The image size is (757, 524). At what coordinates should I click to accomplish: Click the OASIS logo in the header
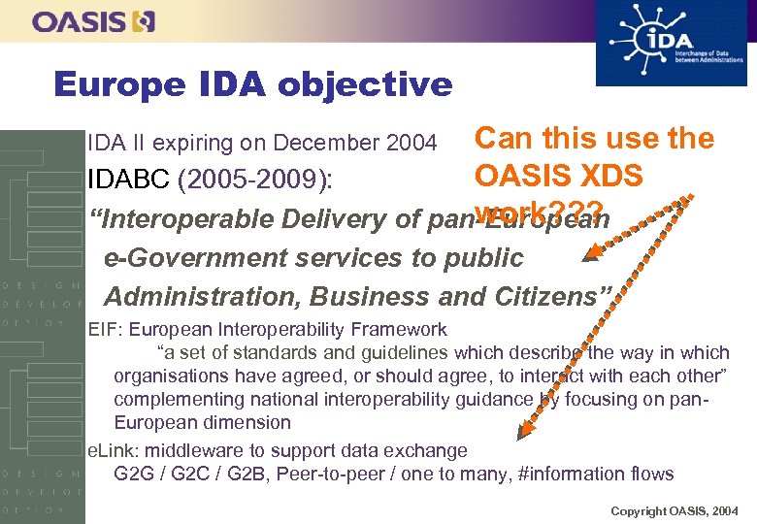pyautogui.click(x=93, y=21)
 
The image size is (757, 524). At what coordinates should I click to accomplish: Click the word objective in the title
pyautogui.click(x=365, y=84)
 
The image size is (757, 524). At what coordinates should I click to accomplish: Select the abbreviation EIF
pyautogui.click(x=102, y=329)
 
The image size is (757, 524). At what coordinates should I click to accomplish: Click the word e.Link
pyautogui.click(x=110, y=450)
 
